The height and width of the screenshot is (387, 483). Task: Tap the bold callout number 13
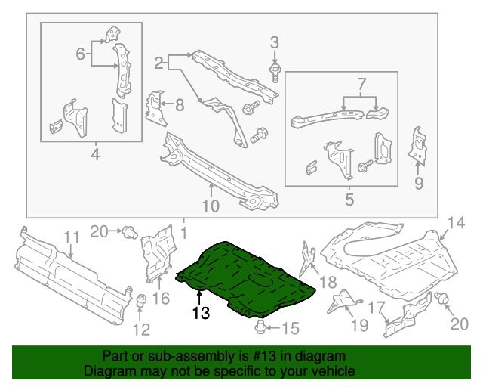point(199,311)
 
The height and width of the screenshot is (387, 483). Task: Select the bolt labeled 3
point(274,74)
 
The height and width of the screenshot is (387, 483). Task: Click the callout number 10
point(211,206)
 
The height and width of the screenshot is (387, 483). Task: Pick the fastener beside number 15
point(261,327)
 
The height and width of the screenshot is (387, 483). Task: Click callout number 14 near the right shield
point(455,221)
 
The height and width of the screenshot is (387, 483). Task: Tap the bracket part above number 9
point(416,145)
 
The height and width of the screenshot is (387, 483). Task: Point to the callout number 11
point(70,238)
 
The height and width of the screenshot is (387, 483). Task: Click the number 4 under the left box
point(94,156)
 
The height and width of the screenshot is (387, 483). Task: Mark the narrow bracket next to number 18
point(308,257)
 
